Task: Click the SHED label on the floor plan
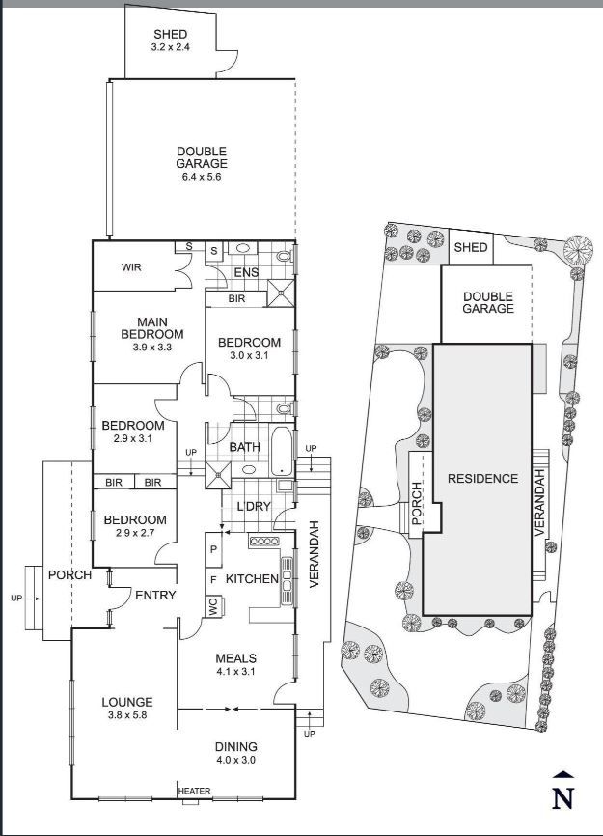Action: click(171, 34)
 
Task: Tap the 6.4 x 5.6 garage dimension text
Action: click(202, 177)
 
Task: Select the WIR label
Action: click(131, 266)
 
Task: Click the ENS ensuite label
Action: click(247, 272)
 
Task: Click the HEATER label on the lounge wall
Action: click(195, 791)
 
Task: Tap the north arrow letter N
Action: click(563, 798)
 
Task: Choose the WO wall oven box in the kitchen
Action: click(214, 607)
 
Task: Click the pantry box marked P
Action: click(213, 549)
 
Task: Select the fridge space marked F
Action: click(213, 579)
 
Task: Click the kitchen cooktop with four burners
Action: click(263, 542)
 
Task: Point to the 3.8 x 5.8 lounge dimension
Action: click(127, 715)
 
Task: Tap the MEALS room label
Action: click(235, 658)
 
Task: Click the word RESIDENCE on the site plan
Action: click(482, 478)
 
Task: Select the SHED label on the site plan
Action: click(471, 247)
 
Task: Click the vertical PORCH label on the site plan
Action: click(416, 503)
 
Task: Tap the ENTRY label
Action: click(155, 595)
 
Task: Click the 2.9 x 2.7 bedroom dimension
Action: click(135, 533)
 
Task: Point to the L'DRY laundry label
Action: click(254, 506)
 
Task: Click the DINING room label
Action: click(235, 747)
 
